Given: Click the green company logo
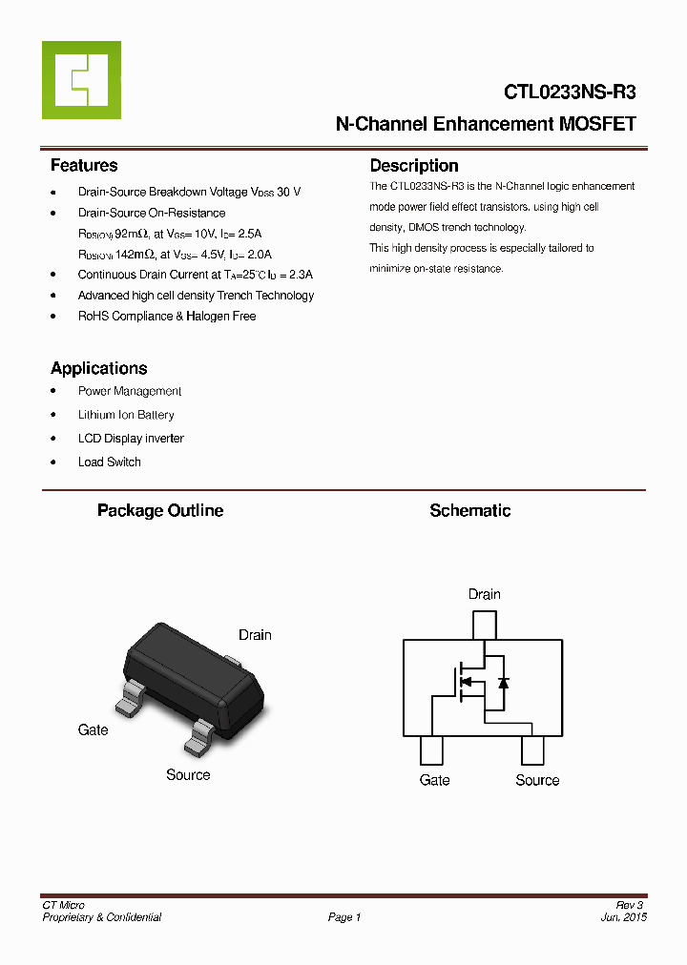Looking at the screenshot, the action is (81, 80).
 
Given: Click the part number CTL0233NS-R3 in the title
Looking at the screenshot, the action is (570, 92).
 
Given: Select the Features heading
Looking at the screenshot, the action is (84, 166).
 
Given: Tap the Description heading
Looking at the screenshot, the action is (414, 166).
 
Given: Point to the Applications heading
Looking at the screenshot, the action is (99, 369).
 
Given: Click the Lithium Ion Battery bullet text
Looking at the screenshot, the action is (126, 415).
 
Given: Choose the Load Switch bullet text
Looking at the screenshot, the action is (110, 462).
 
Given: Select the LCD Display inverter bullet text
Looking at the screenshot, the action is (131, 439).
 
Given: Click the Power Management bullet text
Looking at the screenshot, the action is (130, 391).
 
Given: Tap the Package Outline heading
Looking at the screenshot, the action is (160, 511).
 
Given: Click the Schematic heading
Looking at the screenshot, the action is (469, 511).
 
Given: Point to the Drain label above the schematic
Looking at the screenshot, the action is (484, 594).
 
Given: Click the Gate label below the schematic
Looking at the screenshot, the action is (434, 780).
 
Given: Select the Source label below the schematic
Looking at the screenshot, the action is (537, 780).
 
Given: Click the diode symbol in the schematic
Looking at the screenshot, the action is (503, 683).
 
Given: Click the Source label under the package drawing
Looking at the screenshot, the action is (188, 775).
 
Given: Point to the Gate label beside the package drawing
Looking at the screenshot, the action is (93, 729).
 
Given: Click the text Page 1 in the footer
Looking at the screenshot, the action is (344, 917).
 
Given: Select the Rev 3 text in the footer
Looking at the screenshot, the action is (630, 905).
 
